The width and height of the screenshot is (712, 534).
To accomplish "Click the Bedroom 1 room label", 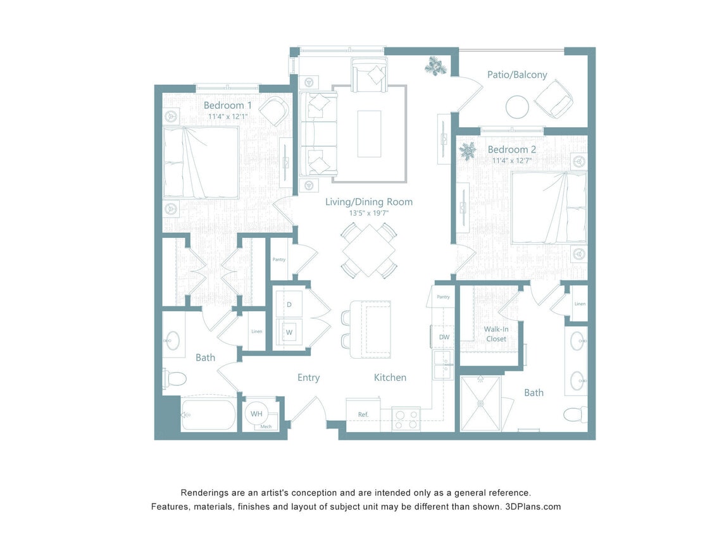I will pos(227,105).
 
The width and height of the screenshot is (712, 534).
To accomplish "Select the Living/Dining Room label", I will pos(368,202).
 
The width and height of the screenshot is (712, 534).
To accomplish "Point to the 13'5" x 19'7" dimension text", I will pos(368,213).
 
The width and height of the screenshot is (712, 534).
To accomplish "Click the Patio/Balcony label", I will pos(516,75).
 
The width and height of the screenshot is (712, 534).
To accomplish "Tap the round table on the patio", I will pos(516,106).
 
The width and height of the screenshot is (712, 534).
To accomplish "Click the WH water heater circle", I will pos(256,414).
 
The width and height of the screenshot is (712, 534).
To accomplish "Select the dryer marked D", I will pos(289,305).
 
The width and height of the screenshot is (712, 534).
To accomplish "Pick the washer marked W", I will pos(289,332).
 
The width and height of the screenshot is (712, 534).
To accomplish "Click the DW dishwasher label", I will pos(444,337).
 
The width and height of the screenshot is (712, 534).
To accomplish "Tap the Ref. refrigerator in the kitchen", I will pos(363,415).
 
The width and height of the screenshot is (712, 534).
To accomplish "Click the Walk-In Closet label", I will pos(496,334).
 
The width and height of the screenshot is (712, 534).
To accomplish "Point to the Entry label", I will pos(308,378).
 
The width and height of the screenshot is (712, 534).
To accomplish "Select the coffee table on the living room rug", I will pos(369,133).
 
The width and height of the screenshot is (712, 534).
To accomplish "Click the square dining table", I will pos(369,250).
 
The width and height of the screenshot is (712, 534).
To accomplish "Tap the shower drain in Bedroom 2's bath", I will pos(479,403).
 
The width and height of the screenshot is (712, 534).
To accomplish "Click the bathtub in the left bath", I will pos(208,415).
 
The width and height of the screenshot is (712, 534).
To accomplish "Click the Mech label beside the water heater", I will pos(263,427).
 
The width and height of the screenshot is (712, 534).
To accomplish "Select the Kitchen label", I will pos(390,378).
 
